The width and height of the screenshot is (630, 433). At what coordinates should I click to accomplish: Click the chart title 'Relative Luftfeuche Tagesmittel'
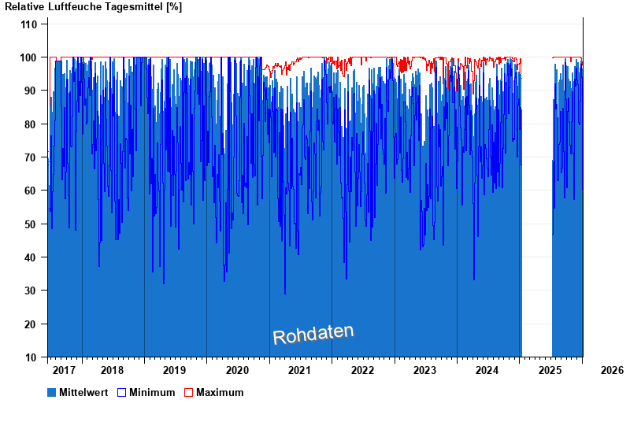pyautogui.click(x=93, y=7)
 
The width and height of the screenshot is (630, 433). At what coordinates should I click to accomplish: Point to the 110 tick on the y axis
pyautogui.click(x=29, y=24)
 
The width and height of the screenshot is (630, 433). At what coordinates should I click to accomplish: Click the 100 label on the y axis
pyautogui.click(x=29, y=57)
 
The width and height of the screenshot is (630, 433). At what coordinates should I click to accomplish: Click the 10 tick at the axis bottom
pyautogui.click(x=31, y=357)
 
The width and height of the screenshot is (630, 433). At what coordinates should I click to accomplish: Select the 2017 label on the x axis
pyautogui.click(x=64, y=370)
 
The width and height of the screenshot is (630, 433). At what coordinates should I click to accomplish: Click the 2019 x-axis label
pyautogui.click(x=175, y=370)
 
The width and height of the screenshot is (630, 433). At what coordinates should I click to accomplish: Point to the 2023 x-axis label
pyautogui.click(x=425, y=370)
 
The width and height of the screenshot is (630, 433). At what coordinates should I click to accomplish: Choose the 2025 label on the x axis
pyautogui.click(x=550, y=370)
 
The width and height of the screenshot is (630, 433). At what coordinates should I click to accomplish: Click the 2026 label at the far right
pyautogui.click(x=611, y=370)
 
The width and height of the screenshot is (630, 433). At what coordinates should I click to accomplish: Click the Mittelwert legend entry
pyautogui.click(x=83, y=392)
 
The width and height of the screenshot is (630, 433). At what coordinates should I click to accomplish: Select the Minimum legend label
pyautogui.click(x=152, y=392)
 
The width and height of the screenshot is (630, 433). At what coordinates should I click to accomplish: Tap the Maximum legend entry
pyautogui.click(x=220, y=392)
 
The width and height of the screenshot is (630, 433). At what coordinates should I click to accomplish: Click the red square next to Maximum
pyautogui.click(x=188, y=392)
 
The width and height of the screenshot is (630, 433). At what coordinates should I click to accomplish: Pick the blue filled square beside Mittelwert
pyautogui.click(x=52, y=392)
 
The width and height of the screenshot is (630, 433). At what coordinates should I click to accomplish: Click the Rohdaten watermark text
pyautogui.click(x=313, y=335)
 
